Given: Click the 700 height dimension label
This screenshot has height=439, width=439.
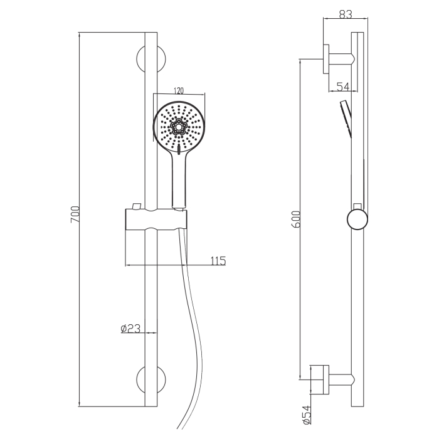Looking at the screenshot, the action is pos(75,214).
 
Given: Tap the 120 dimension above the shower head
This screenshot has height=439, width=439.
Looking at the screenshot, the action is pos(179,91).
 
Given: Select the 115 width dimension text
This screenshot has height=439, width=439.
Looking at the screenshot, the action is pos(218,261).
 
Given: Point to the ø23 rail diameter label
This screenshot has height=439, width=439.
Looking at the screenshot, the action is pos(130,329).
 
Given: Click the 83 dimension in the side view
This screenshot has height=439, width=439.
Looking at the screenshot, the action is pos(346,14).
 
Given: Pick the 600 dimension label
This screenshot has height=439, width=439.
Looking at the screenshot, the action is pos(295,219).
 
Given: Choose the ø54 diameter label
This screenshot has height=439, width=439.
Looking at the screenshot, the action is pos(307,415).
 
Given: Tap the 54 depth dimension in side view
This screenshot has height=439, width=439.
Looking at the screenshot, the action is pos(343,87).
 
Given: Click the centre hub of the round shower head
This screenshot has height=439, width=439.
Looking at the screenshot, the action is pos(178,127).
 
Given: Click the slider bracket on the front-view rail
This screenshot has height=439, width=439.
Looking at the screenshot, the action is pos(156,219).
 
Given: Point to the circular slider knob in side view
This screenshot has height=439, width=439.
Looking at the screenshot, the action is pos(357,219).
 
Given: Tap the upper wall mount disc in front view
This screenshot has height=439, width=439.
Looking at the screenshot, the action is pos(151,59).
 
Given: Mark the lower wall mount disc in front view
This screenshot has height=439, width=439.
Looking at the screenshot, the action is pos(151,380).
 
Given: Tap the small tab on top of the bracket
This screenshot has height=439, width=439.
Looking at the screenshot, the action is pos(137,206).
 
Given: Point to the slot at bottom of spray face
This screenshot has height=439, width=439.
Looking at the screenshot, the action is pos(178,149).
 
